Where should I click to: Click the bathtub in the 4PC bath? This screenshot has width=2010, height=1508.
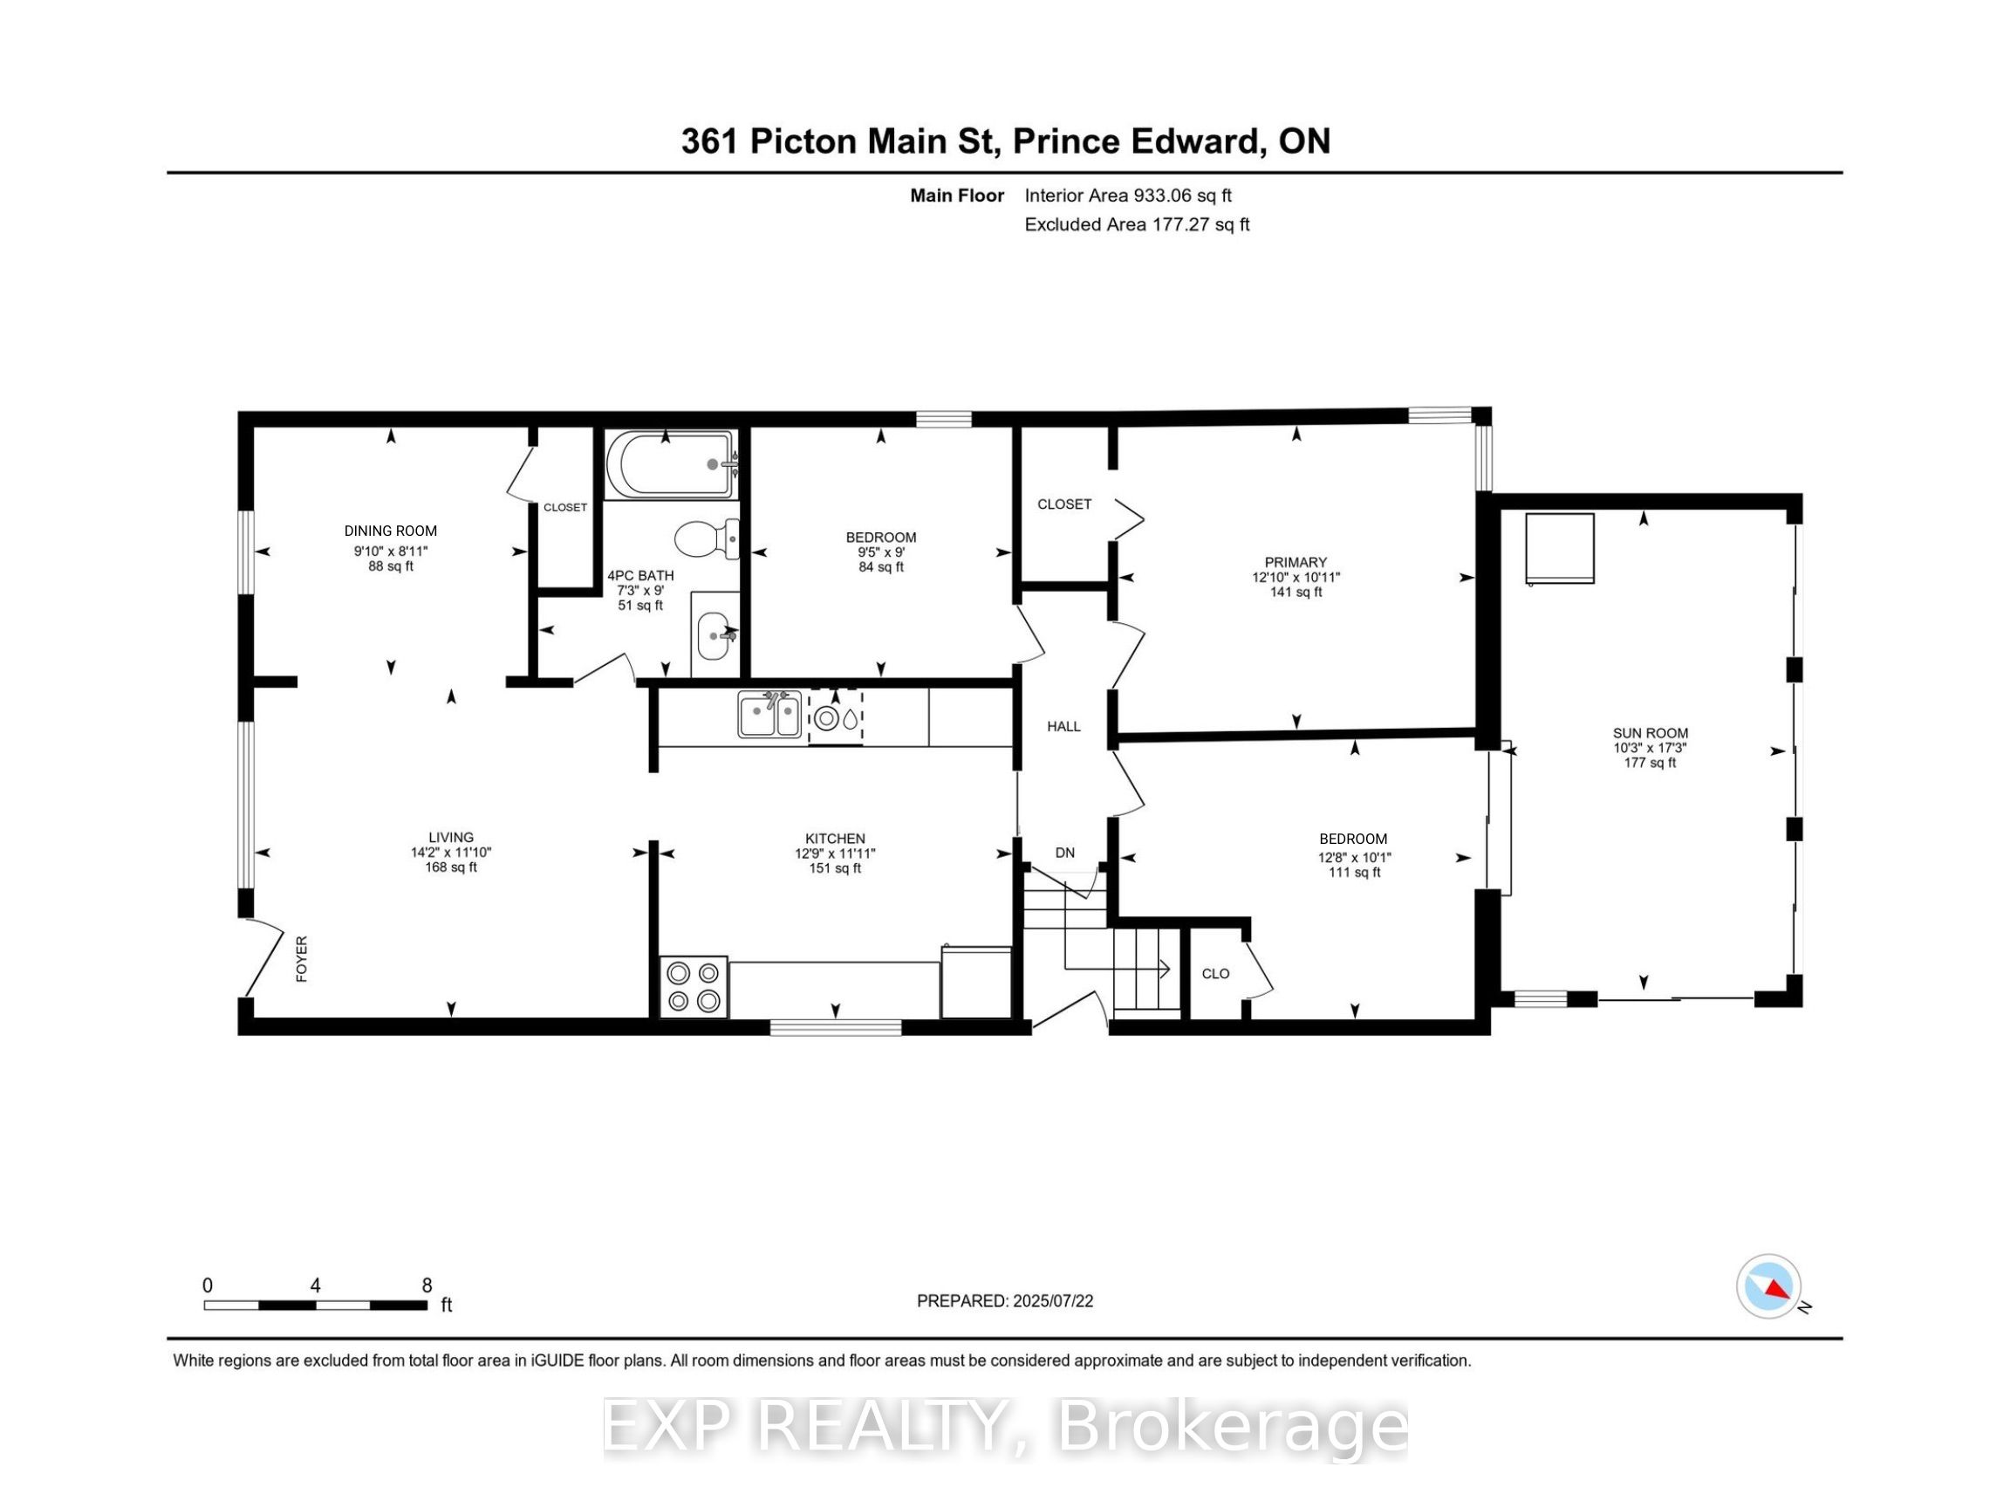671,464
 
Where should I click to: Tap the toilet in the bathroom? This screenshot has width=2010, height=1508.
706,539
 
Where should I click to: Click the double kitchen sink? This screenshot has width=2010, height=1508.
769,716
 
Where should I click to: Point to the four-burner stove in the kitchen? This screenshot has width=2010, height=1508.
694,986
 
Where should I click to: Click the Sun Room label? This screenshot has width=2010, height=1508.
1651,733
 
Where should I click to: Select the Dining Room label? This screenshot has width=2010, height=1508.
390,531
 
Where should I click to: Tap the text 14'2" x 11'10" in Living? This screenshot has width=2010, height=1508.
451,853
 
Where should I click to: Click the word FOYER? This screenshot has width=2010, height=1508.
302,959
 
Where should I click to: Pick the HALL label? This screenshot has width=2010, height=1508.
1063,726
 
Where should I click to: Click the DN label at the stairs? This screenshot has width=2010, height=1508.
1064,853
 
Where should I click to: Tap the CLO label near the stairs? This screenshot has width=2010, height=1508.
1215,974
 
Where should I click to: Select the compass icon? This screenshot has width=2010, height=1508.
1768,1286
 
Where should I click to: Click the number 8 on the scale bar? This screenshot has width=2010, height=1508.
427,1285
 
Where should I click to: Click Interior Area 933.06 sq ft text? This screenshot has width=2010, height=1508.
1128,195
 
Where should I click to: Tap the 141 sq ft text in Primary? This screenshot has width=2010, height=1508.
1296,592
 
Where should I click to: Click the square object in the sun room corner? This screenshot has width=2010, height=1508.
1559,548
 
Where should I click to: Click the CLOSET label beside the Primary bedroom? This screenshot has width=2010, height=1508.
1064,504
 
